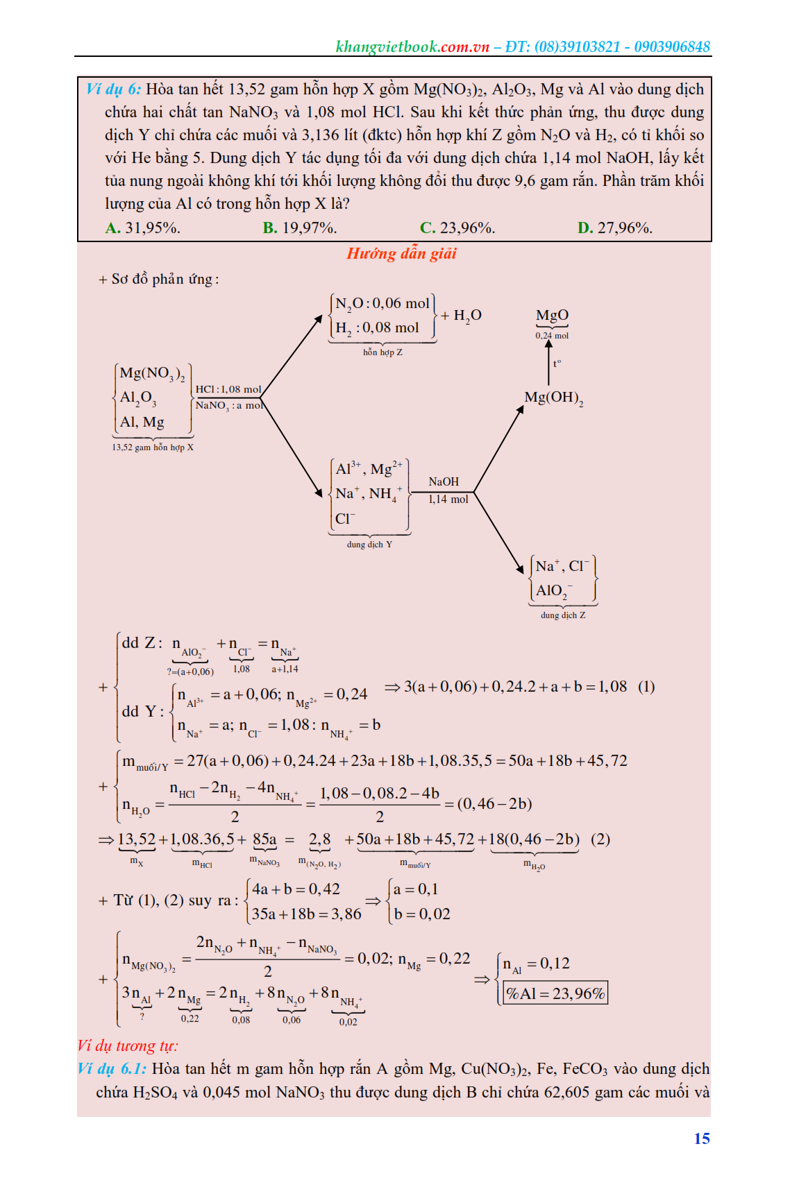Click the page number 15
(702, 1138)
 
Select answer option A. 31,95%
(142, 228)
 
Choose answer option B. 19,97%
(299, 228)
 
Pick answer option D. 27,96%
(614, 228)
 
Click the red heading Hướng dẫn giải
(401, 253)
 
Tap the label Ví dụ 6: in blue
(113, 89)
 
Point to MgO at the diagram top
(552, 316)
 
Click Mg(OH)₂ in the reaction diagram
(553, 398)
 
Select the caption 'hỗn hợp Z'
(383, 352)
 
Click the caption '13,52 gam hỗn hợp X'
(153, 447)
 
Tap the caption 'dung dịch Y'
(369, 545)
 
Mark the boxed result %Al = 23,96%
(555, 993)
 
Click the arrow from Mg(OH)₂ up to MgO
(548, 362)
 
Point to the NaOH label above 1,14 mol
(444, 481)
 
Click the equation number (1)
(646, 687)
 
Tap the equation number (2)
(600, 839)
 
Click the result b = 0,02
(422, 914)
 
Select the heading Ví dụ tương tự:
(128, 1045)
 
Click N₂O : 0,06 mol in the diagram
(383, 303)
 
